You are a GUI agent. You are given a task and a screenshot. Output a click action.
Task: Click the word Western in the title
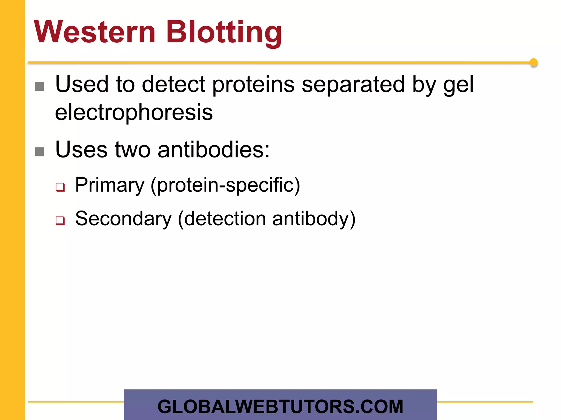[95, 32]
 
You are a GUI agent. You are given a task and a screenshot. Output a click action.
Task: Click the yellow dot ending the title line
[533, 63]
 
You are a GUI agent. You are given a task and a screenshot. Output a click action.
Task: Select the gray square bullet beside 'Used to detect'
[39, 86]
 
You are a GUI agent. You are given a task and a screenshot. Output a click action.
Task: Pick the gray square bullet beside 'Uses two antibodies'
[39, 152]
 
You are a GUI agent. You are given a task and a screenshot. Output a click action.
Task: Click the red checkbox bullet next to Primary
[60, 187]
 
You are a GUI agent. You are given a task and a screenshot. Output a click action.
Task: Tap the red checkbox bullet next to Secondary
[60, 220]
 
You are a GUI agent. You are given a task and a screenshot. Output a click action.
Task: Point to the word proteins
[253, 85]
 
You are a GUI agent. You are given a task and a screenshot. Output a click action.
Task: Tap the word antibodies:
[214, 150]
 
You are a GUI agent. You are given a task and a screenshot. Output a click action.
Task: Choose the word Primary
[110, 185]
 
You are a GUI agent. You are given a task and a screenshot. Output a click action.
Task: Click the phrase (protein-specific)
[225, 185]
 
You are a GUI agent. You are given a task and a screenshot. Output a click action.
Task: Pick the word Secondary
[123, 219]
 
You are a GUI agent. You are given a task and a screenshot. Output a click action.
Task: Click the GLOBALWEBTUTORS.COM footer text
[280, 407]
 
